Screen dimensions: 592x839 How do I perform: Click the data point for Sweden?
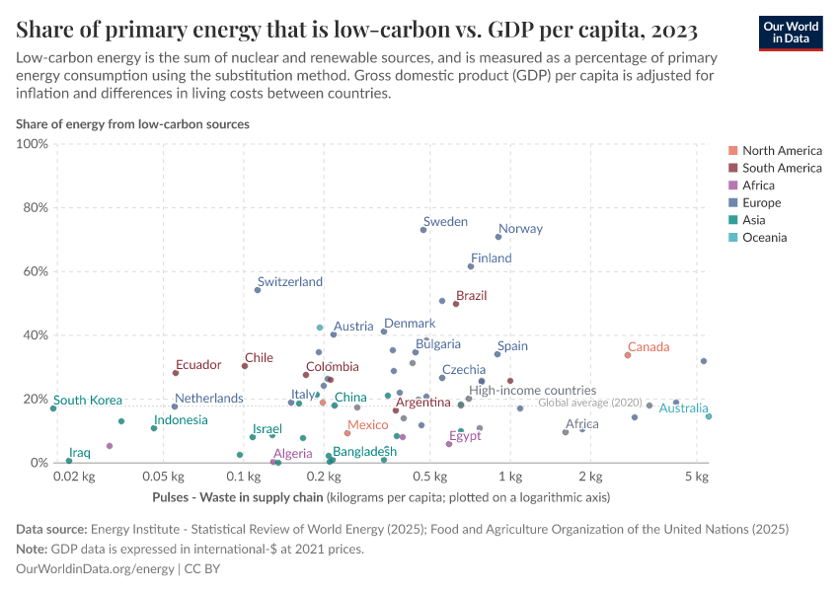[423, 230]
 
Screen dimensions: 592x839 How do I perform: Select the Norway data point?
[498, 237]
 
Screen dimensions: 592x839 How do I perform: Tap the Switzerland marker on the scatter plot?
[258, 290]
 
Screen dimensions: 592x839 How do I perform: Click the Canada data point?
[628, 355]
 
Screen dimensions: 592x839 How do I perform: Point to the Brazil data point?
[456, 304]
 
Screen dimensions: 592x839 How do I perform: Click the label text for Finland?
[491, 259]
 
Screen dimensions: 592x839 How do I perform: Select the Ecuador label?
[198, 365]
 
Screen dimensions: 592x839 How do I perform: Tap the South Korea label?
[88, 401]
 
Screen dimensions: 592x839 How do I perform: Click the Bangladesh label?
[364, 451]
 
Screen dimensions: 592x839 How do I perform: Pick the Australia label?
[684, 408]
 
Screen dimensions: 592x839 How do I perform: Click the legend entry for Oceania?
[764, 238]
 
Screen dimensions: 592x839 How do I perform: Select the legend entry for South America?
[781, 168]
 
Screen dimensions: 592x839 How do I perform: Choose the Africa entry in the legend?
[758, 185]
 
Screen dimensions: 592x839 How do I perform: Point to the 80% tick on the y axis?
[34, 208]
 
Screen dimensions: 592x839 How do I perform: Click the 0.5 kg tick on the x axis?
[428, 478]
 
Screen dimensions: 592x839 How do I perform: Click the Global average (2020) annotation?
[591, 403]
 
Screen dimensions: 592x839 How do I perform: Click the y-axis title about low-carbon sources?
[132, 124]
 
